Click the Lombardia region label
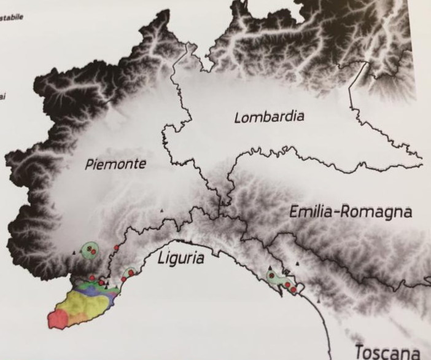click(269, 117)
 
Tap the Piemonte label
click(116, 164)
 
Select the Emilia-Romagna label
click(351, 213)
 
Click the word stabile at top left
click(12, 17)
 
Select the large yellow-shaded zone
click(86, 304)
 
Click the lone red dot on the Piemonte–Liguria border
click(116, 248)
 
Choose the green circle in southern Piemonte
click(91, 249)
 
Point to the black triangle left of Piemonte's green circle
click(74, 252)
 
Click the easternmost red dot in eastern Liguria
click(293, 289)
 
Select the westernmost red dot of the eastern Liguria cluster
click(271, 275)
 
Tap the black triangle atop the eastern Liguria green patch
click(269, 268)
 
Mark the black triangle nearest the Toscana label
click(319, 300)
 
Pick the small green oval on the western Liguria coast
click(130, 272)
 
